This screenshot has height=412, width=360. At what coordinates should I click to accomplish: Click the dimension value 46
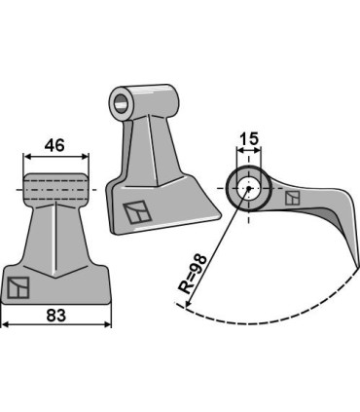pyautogui.click(x=54, y=145)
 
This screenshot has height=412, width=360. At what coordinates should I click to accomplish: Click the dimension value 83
pyautogui.click(x=56, y=315)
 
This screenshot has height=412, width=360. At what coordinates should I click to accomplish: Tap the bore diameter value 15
pyautogui.click(x=249, y=139)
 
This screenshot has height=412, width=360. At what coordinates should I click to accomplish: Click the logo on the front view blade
pyautogui.click(x=18, y=287)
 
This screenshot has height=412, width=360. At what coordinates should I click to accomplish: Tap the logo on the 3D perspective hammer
pyautogui.click(x=137, y=212)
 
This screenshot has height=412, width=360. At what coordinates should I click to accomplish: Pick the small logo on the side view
pyautogui.click(x=293, y=198)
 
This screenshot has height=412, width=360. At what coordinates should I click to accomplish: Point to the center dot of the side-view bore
pyautogui.click(x=248, y=188)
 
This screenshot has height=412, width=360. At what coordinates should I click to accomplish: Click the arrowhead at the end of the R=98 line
pyautogui.click(x=187, y=303)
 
